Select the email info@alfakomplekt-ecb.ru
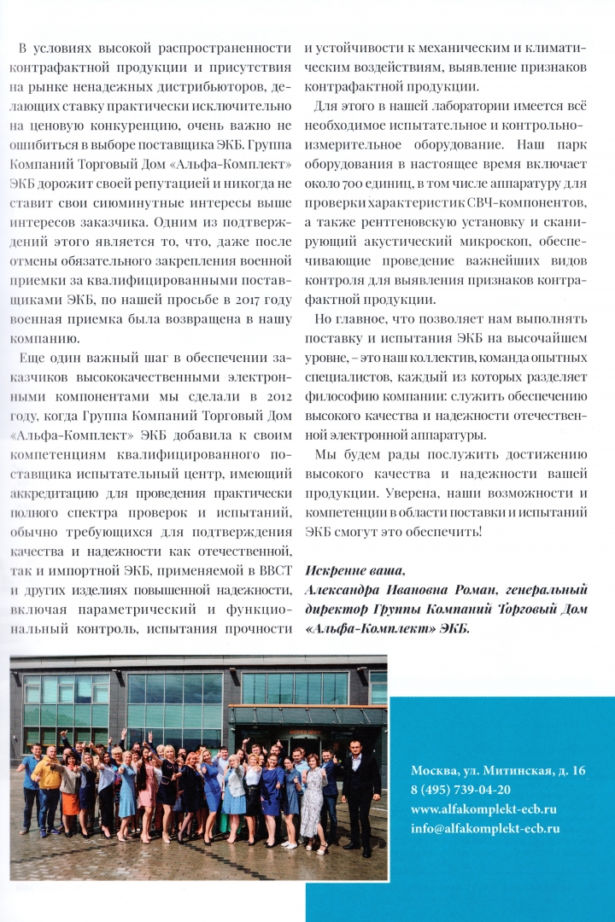point(485,827)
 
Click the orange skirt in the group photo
point(70,802)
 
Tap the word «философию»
point(346,374)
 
